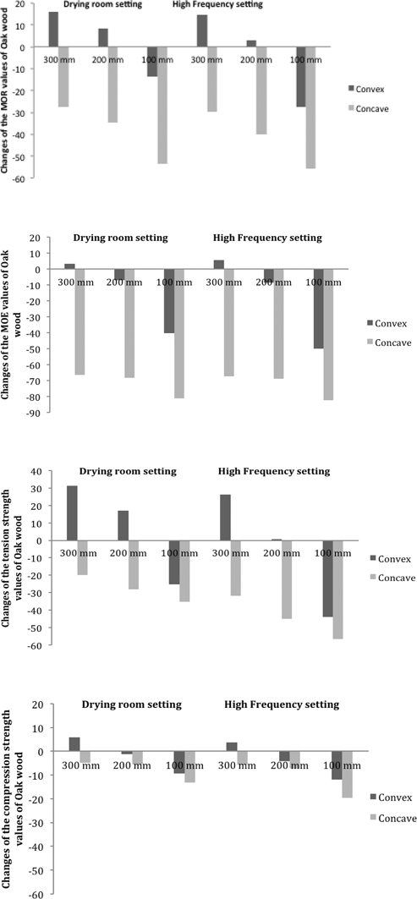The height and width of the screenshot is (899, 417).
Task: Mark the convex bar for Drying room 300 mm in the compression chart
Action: coord(74,744)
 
